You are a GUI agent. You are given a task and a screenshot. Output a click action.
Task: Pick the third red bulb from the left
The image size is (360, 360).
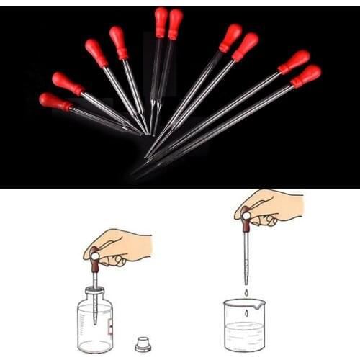click(96, 53)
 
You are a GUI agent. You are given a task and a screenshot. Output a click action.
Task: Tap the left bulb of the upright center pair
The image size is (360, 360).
click(160, 22)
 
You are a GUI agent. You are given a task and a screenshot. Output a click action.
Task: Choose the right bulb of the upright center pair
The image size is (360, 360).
click(175, 23)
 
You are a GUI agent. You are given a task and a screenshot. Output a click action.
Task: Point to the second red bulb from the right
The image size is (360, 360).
click(294, 61)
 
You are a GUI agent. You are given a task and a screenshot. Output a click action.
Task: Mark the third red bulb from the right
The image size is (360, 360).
click(246, 47)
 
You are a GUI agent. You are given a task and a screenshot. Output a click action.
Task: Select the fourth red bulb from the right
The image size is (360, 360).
click(231, 37)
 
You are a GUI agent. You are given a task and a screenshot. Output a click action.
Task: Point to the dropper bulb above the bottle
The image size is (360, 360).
click(94, 260)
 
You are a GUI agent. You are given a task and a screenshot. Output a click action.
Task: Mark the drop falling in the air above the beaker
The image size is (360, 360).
click(246, 292)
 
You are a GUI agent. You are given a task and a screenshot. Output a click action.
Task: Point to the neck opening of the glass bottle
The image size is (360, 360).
click(95, 289)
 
